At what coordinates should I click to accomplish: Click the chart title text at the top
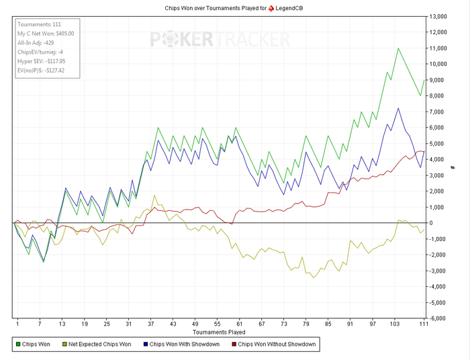pos(234,7)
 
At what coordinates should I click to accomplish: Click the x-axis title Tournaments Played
pos(219,332)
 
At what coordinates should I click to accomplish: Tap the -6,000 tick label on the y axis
pos(440,318)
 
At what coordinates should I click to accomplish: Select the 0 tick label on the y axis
pos(433,223)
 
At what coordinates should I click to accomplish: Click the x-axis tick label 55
pos(218,324)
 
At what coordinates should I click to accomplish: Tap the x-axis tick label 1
pos(17,324)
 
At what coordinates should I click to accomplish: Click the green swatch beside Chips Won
pos(18,345)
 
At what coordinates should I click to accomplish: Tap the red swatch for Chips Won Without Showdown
pos(234,345)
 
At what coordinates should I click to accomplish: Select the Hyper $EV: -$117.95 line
pos(45,60)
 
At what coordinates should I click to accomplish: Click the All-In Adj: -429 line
pos(39,42)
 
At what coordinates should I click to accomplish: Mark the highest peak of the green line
pos(398,48)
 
